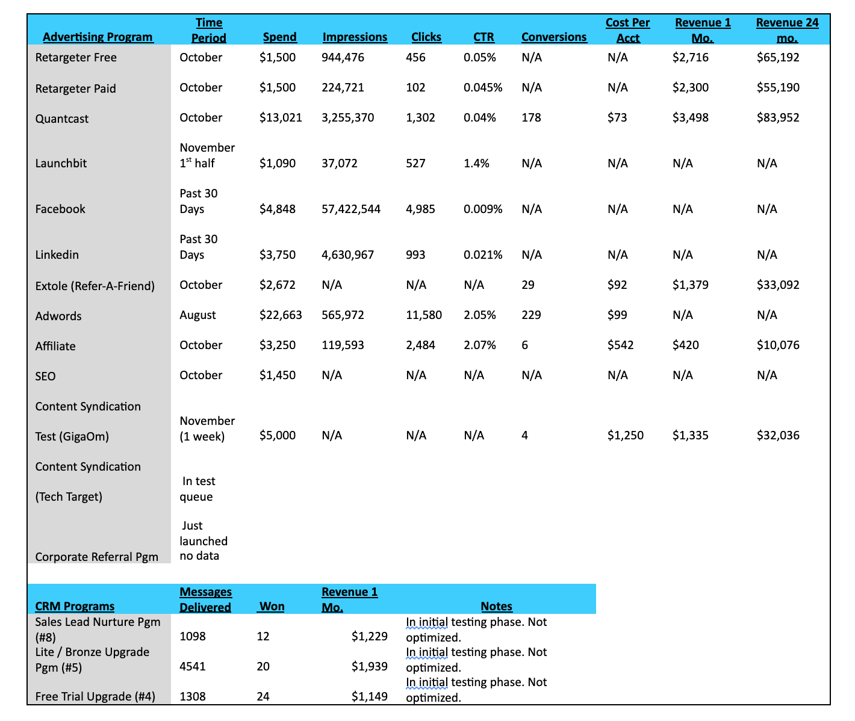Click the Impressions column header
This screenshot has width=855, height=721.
coord(355,37)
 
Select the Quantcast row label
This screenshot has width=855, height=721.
coord(62,119)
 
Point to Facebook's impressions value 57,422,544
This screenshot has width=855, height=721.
coord(351,209)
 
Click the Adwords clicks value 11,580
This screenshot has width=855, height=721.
coord(424,315)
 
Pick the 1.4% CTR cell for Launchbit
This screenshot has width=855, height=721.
coord(476,163)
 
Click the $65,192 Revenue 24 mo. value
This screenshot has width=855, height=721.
coord(778,58)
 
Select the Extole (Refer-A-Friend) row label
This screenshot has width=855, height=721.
coord(95,286)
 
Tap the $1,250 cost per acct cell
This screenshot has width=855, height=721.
coord(625,435)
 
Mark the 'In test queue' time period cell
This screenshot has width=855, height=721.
coord(197,489)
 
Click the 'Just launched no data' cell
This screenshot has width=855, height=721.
coord(204,540)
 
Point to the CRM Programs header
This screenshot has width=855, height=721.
coord(75,606)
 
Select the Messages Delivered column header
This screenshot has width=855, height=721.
coord(205,599)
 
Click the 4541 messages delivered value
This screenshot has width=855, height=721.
coord(193,666)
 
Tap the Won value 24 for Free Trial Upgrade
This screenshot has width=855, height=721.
coord(263,696)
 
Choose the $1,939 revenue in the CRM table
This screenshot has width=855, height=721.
coord(369,666)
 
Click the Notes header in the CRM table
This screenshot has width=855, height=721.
coord(496,606)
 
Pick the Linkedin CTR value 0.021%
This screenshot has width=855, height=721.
coord(483,255)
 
